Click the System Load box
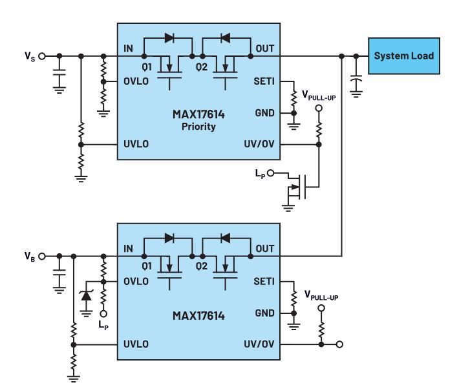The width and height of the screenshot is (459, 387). click(403, 56)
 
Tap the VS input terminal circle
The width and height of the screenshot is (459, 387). click(42, 56)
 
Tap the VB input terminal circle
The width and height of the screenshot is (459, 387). click(42, 256)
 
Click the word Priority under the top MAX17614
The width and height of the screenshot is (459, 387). click(198, 127)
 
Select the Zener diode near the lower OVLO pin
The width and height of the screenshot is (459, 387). click(87, 295)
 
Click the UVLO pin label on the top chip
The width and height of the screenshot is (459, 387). click(136, 144)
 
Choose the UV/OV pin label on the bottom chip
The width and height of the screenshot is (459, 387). click(259, 344)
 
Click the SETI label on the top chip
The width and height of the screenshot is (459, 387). click(264, 81)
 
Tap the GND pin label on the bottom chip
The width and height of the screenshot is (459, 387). click(264, 313)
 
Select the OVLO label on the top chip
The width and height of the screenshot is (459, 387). click(136, 81)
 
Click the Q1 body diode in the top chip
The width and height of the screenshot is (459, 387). click(169, 37)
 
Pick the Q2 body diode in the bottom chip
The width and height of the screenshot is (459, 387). click(225, 238)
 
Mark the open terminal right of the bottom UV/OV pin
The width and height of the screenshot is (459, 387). click(339, 344)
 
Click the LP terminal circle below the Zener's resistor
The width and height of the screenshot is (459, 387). click(103, 313)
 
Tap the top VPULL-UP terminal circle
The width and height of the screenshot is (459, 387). click(319, 109)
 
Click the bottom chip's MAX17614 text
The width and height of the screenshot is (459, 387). click(198, 316)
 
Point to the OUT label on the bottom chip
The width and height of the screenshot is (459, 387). click(265, 249)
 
